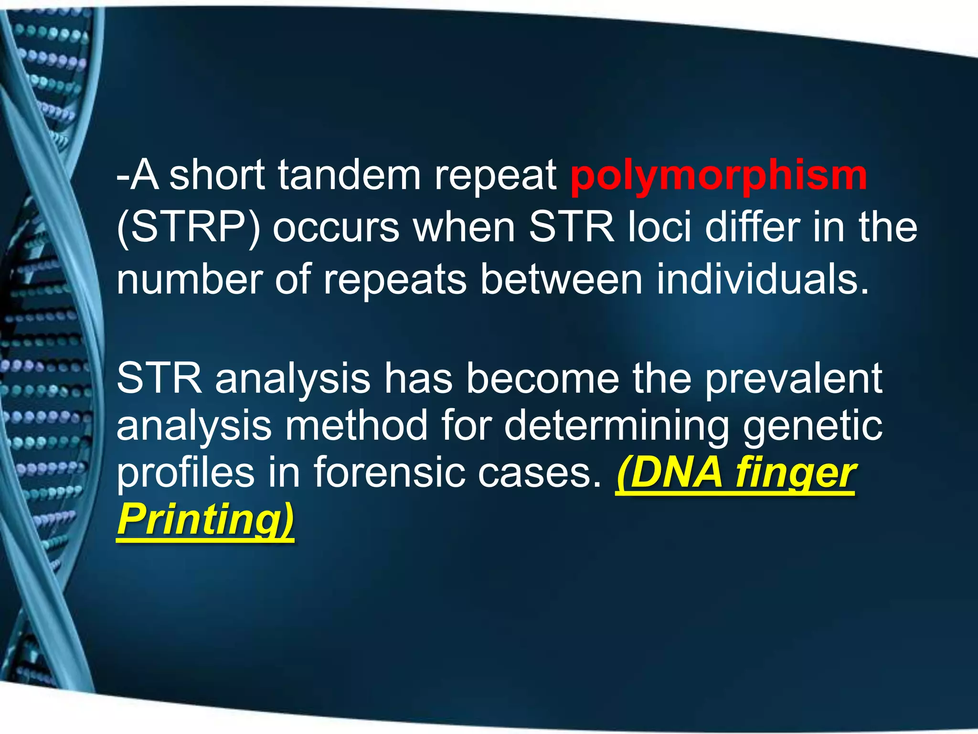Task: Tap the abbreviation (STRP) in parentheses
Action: [x=189, y=228]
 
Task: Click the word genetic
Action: [x=812, y=426]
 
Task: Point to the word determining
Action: [x=617, y=426]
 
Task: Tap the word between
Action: [x=561, y=279]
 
